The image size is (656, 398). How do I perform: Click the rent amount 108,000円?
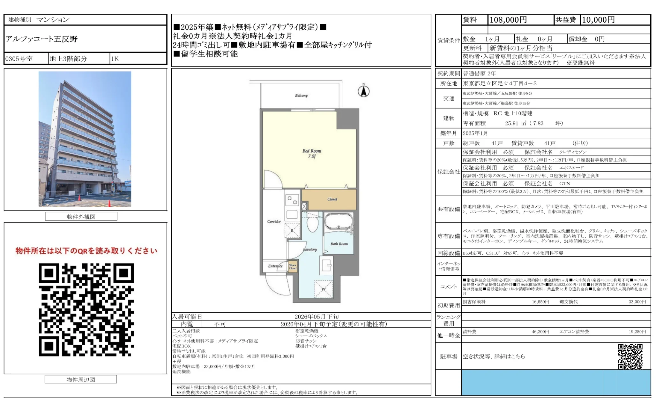[x=508, y=20]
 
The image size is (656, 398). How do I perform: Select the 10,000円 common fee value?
[x=598, y=20]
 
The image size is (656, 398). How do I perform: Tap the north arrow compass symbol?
[x=363, y=91]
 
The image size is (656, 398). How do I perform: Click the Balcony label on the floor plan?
[x=301, y=96]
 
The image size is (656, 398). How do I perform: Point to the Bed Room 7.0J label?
[x=312, y=153]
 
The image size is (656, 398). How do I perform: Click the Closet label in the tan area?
[x=332, y=199]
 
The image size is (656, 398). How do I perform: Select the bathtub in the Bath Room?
[x=338, y=221]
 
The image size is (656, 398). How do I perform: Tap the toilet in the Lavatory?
[x=313, y=224]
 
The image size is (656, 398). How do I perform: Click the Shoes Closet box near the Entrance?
[x=293, y=266]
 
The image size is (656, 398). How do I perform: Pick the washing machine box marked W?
[x=323, y=289]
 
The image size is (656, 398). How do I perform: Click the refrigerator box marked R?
[x=292, y=230]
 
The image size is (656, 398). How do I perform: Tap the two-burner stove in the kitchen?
[x=292, y=200]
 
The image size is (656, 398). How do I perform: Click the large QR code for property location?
[x=86, y=309]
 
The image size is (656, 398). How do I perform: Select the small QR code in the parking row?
[x=630, y=356]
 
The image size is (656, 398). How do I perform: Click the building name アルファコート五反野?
[x=41, y=39]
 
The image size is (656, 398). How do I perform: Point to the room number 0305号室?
[x=19, y=59]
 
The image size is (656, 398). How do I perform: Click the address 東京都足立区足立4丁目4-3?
[x=500, y=83]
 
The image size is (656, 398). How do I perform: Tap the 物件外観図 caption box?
[x=81, y=217]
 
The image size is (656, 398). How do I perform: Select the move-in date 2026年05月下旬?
[x=316, y=317]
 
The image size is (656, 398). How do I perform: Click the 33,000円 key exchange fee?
[x=637, y=302]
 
